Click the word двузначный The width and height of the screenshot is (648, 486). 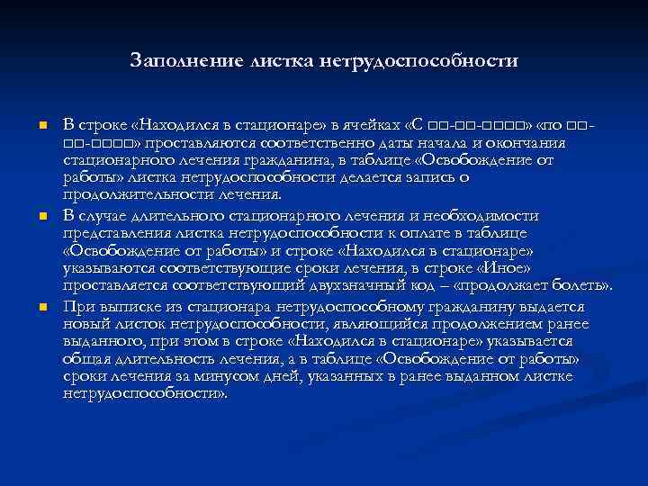click(342, 284)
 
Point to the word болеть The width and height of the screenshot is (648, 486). click(581, 284)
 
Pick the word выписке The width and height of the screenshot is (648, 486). click(118, 307)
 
